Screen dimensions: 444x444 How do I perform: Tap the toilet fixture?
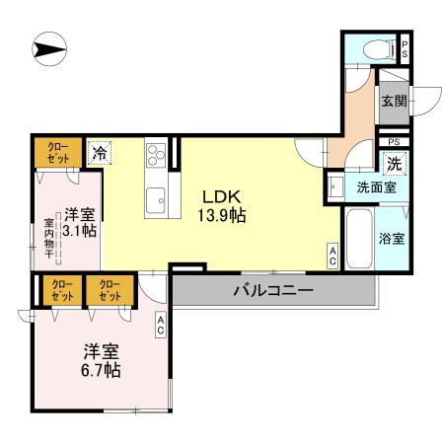pos(374,48)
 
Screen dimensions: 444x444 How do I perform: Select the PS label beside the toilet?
pos(404,48)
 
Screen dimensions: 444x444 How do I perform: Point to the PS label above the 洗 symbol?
pos(393,142)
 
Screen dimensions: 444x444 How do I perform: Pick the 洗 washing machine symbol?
pos(393,163)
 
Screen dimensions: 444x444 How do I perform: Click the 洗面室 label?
pos(377,185)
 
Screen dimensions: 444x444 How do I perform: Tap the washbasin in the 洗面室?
pos(335,185)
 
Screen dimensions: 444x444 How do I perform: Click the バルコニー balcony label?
pos(273,291)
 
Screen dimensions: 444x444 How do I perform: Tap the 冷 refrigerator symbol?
pos(99,153)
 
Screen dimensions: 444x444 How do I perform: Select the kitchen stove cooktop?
pos(157,154)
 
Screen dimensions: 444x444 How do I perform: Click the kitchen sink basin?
pos(155,203)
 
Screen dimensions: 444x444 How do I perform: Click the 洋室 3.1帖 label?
pos(80,221)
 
